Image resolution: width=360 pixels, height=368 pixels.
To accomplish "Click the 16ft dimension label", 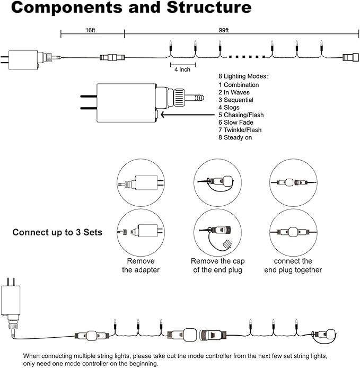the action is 90,30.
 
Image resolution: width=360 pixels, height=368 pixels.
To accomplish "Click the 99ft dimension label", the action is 223,30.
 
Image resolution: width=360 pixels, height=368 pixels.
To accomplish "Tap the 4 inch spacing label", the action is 182,69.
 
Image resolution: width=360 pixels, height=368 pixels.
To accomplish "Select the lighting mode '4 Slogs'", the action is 229,107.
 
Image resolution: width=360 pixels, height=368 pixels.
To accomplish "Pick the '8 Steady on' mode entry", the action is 235,137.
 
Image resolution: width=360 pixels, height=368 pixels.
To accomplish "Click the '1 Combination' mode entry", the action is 239,85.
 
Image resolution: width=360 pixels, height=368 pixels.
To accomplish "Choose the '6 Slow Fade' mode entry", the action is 236,122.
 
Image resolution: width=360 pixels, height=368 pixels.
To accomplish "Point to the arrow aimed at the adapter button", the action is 188,115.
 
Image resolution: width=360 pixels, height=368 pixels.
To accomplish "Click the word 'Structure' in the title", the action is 209,7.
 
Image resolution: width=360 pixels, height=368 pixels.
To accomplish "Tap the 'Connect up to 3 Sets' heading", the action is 57,232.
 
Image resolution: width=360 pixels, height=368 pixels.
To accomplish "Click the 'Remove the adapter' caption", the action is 141,265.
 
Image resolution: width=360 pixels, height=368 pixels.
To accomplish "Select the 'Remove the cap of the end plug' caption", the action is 218,265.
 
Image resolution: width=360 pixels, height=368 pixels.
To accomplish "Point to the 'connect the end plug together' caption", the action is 293,265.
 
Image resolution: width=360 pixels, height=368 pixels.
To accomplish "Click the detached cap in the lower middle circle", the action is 227,244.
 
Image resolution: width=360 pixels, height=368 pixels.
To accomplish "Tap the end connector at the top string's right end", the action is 351,57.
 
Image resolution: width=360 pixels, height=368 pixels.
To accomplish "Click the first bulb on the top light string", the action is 171,46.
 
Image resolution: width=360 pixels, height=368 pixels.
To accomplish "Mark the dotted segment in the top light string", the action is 247,57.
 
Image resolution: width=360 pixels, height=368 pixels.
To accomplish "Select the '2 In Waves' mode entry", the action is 234,92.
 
